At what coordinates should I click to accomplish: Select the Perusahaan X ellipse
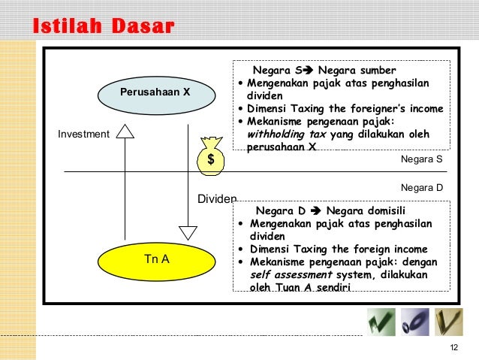155,92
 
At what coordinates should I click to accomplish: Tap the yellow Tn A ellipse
156,259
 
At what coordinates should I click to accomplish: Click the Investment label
83,135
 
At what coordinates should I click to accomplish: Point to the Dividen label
217,199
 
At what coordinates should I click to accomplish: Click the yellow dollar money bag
211,156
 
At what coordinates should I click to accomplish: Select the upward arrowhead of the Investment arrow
125,131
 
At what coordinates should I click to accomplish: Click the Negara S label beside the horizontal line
423,160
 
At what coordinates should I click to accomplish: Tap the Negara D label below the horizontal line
423,186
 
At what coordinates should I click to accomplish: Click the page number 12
453,346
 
